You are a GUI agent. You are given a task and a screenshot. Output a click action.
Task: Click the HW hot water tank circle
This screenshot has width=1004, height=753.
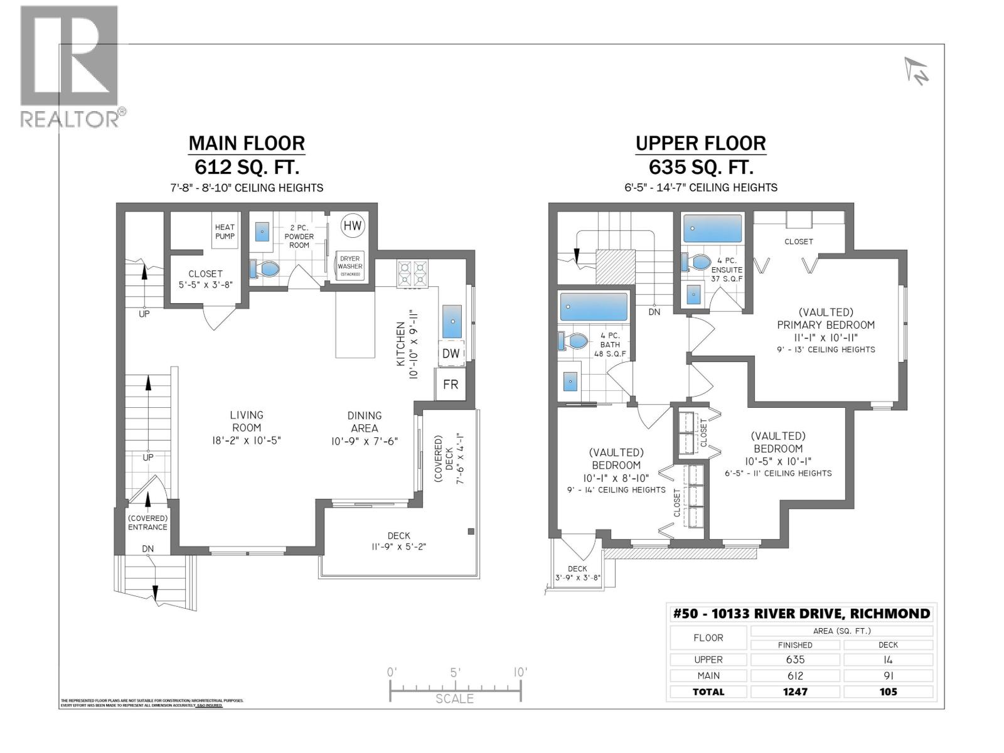point(353,226)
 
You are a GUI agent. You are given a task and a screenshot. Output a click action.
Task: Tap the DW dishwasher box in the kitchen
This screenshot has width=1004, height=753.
point(451,354)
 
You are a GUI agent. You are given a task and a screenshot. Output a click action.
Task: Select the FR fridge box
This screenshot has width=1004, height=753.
point(451,385)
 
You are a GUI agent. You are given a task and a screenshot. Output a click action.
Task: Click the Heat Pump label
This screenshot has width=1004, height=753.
point(225,232)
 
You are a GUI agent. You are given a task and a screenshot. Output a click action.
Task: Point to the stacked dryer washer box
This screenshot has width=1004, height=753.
point(350,266)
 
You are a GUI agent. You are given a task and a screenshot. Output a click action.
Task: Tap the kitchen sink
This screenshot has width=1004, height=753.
point(452,322)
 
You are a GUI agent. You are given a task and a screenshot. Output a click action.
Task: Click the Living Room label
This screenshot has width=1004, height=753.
point(246,421)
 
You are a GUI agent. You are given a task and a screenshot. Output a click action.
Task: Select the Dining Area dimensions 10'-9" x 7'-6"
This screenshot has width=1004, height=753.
point(365,441)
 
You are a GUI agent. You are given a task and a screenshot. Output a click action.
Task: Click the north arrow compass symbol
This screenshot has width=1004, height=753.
point(917,71)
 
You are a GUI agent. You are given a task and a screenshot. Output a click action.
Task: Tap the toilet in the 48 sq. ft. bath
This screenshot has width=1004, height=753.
point(574,341)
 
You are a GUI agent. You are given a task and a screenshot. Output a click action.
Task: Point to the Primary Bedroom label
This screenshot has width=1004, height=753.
point(826,324)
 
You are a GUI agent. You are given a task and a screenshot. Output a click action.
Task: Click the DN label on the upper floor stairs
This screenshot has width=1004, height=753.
point(654,312)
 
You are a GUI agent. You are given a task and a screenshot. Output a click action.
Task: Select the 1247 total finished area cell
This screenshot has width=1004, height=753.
point(795,692)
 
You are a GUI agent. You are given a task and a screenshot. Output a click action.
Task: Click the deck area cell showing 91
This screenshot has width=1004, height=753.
point(888,676)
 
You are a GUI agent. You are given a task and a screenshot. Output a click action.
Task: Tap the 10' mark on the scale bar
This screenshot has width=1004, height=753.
point(520,672)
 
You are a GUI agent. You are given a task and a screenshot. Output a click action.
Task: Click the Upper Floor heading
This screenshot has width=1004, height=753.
point(700,144)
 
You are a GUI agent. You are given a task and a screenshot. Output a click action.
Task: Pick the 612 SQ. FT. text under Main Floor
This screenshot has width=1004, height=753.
point(247,168)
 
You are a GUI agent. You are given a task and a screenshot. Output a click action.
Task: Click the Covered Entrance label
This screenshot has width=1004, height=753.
point(147,523)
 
